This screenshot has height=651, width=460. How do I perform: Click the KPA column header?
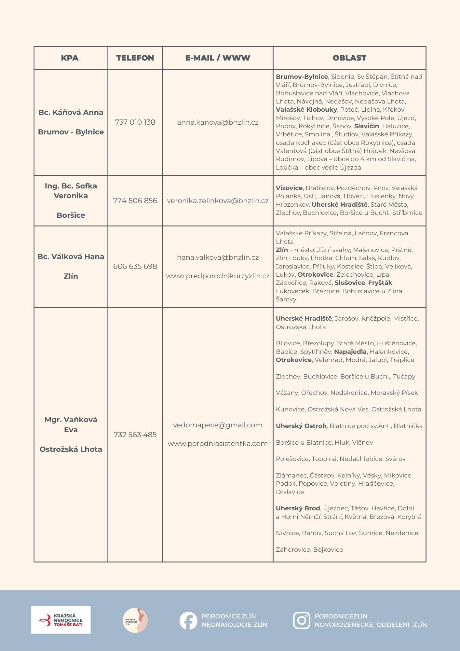click(70, 58)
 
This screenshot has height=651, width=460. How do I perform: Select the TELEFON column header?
click(135, 58)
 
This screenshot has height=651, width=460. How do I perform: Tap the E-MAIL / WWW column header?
click(218, 58)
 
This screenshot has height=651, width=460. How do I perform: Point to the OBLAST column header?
click(349, 58)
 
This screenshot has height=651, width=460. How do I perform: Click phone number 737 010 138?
click(135, 122)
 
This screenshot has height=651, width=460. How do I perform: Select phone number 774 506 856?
click(135, 201)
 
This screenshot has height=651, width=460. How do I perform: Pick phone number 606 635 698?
click(135, 266)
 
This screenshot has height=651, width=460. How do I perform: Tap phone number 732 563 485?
click(135, 435)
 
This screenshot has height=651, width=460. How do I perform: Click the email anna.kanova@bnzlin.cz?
click(218, 122)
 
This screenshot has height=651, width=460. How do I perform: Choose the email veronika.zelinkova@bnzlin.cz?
click(218, 201)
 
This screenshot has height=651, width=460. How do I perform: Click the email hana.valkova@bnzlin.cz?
click(218, 257)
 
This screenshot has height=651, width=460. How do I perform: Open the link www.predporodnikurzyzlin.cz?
click(218, 276)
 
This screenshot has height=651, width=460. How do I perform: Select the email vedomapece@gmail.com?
click(218, 425)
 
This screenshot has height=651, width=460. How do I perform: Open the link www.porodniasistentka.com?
click(218, 444)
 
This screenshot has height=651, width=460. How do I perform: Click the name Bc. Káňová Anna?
click(71, 112)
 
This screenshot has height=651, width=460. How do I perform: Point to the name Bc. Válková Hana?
click(71, 256)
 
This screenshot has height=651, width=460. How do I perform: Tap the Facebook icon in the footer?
click(188, 620)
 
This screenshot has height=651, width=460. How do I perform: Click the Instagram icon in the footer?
click(302, 620)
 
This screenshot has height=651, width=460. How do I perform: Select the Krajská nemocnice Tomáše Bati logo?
click(61, 620)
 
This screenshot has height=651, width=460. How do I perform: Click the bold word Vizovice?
click(289, 188)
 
